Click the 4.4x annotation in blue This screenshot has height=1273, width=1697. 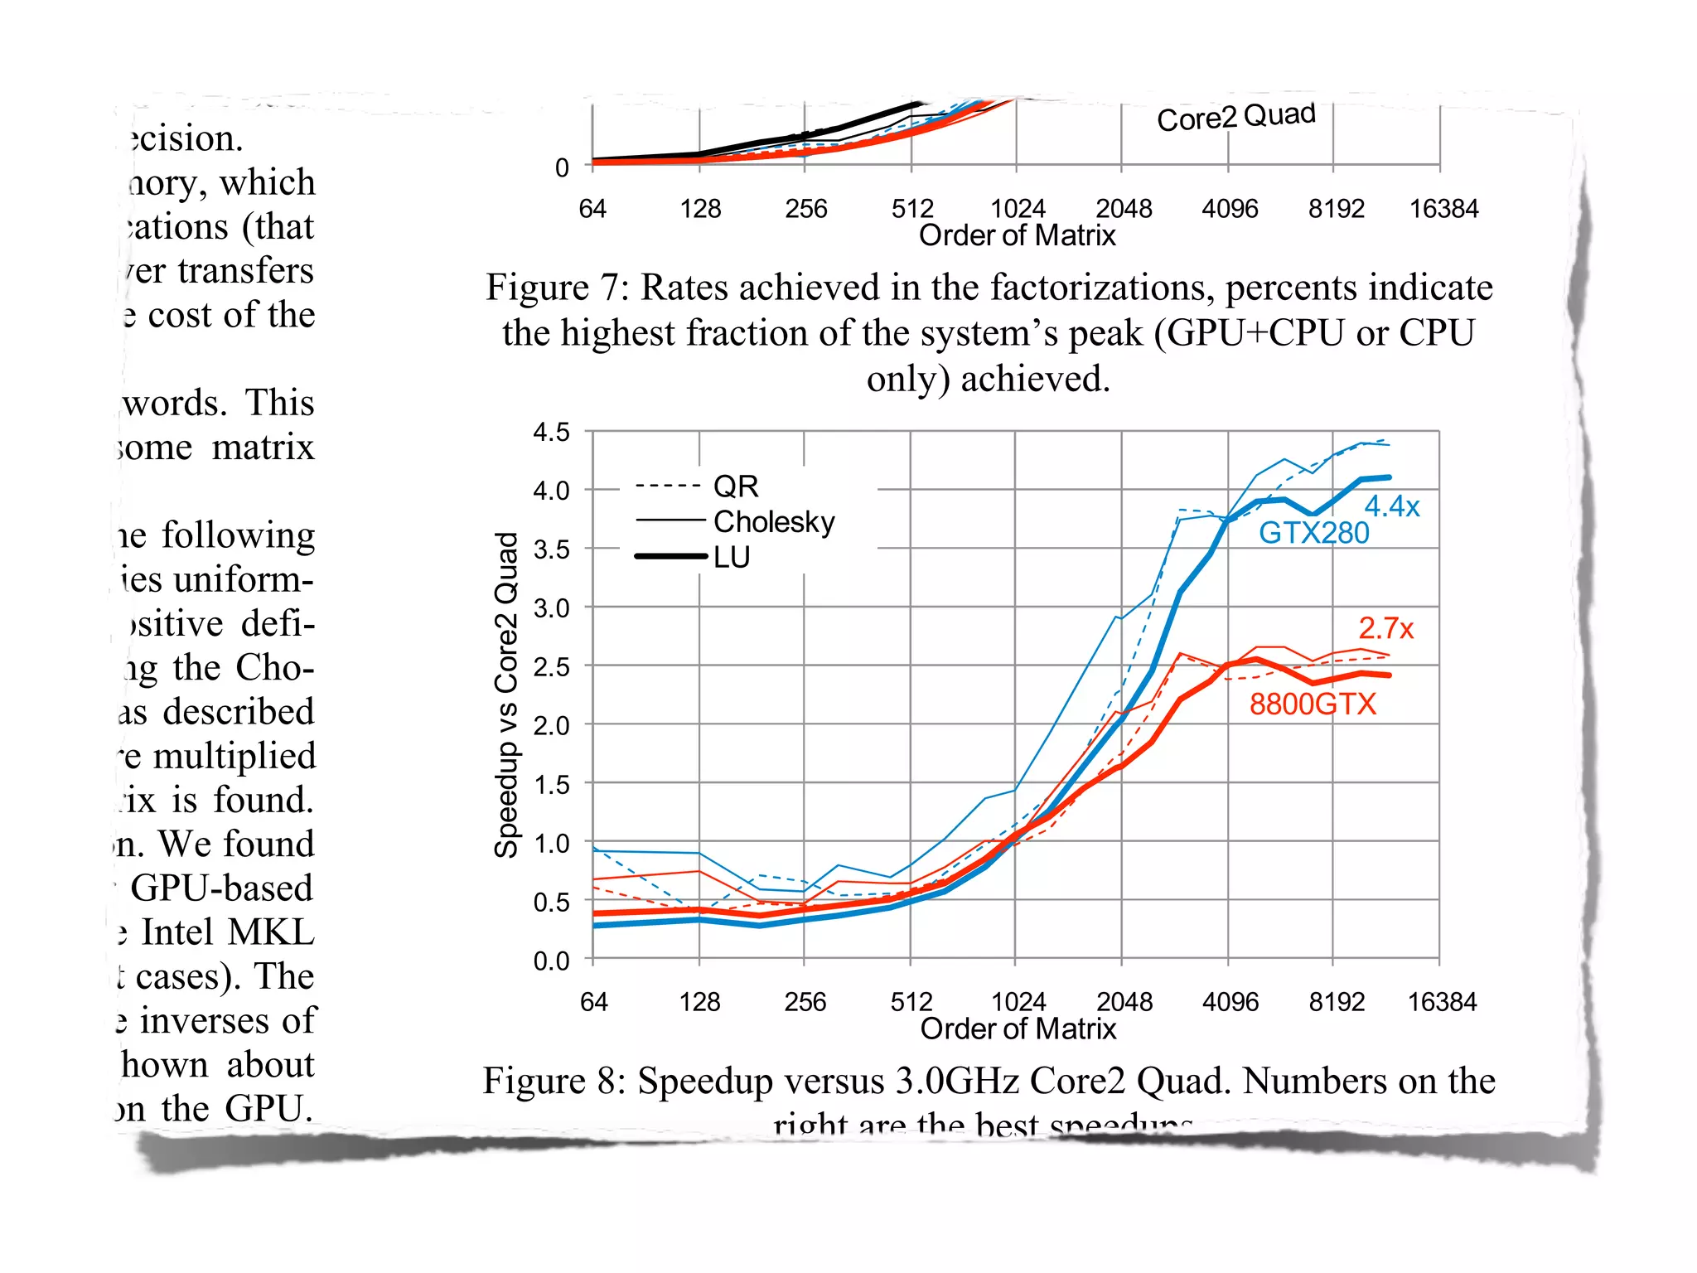point(1391,506)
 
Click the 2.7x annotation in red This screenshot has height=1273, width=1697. point(1385,628)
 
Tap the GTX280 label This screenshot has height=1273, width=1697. point(1313,533)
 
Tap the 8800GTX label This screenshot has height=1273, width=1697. point(1312,704)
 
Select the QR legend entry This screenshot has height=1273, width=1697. point(735,486)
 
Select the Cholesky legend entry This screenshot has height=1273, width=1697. point(773,522)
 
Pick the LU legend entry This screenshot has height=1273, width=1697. point(731,558)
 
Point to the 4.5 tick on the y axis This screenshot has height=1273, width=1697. point(551,432)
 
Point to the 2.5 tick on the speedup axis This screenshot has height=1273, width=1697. point(551,667)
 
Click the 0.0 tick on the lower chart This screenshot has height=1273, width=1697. point(551,961)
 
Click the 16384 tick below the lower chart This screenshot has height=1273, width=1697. point(1442,1002)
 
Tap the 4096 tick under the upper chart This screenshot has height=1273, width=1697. point(1230,209)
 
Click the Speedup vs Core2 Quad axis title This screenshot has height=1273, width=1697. point(506,695)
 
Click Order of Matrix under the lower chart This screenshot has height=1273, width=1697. point(1018,1029)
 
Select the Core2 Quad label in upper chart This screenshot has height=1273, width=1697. point(1235,117)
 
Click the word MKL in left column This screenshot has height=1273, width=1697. point(271,932)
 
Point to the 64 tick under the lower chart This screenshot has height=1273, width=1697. point(593,1002)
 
